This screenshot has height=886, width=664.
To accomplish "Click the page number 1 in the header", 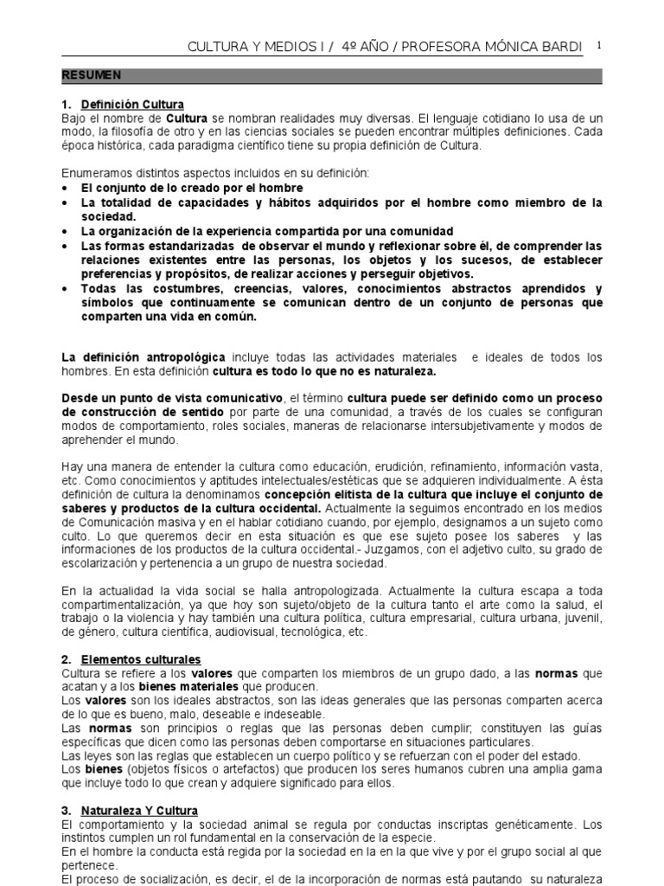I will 599,44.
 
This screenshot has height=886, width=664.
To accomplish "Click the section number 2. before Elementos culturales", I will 66,658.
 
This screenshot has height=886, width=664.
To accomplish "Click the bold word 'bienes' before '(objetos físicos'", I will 102,768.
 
